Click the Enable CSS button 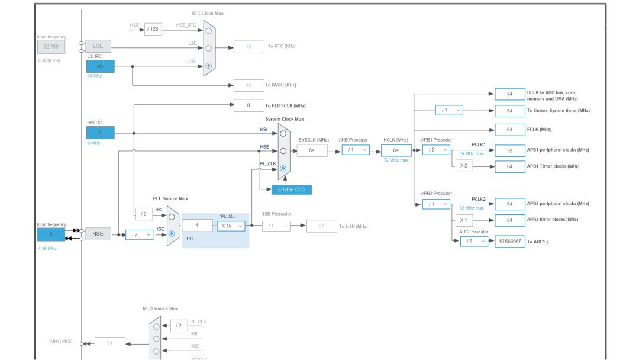[x=291, y=189]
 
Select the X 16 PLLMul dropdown [x=231, y=226]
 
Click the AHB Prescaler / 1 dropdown [x=356, y=150]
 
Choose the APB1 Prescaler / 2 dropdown [x=436, y=150]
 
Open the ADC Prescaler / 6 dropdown [x=474, y=242]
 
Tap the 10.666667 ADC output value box [x=510, y=242]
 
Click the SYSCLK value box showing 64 [x=312, y=150]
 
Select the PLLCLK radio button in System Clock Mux [x=283, y=168]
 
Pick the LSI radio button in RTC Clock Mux [x=208, y=66]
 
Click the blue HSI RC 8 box [x=100, y=133]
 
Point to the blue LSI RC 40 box [x=100, y=66]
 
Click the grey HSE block [x=98, y=234]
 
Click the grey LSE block [x=98, y=46]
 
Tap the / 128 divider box [x=153, y=29]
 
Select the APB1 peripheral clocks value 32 [x=510, y=150]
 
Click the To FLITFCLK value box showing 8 [x=248, y=105]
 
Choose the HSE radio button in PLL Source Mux [x=172, y=234]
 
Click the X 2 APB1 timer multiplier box [x=464, y=166]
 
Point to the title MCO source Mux [x=160, y=308]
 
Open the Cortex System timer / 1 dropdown [x=449, y=110]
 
